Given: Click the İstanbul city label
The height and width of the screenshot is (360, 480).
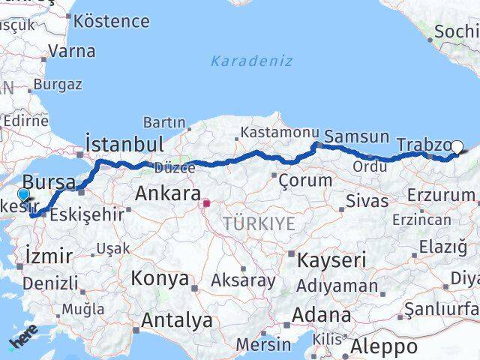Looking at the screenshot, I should click(124, 144).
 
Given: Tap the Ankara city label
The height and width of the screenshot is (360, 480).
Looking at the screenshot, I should click(167, 193).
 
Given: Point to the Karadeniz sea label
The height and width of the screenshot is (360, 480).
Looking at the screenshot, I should click(251, 61).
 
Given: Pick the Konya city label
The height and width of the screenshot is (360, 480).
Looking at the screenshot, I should click(160, 278).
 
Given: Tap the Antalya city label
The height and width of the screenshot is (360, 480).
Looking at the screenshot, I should click(177, 320).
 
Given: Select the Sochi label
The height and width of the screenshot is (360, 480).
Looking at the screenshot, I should click(456, 31).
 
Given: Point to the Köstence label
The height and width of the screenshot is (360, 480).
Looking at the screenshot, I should click(112, 20).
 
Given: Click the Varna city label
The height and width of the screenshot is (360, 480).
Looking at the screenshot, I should click(71, 52).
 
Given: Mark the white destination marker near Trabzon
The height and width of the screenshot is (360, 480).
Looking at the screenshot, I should click(457, 148).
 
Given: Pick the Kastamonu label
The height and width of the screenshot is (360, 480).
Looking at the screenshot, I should click(280, 132).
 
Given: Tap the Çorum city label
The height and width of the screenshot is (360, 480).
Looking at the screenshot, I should click(304, 180).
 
